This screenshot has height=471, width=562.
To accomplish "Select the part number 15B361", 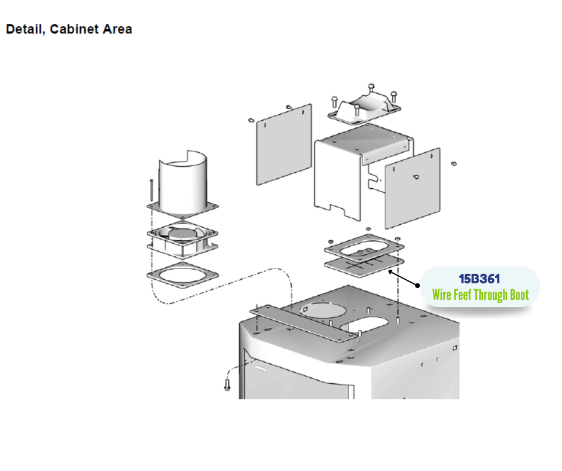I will coord(479,279).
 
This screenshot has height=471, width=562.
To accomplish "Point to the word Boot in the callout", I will coord(519,295).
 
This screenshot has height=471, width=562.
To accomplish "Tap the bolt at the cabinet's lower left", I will coord(227,383).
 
